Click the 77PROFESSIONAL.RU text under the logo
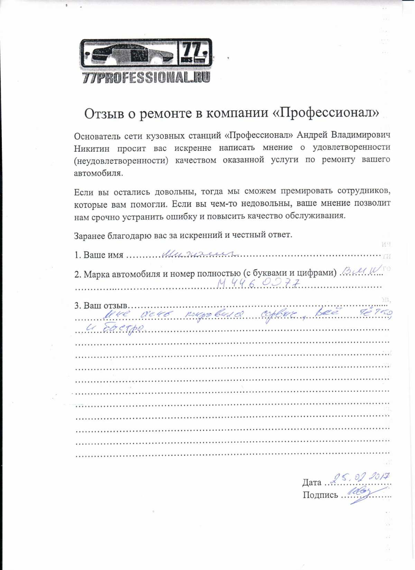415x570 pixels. coord(146,77)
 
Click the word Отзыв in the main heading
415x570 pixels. coord(104,113)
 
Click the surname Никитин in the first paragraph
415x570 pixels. coord(92,149)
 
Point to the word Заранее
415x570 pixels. coord(89,235)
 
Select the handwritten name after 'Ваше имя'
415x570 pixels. coord(201,254)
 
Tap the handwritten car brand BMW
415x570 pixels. coord(361,270)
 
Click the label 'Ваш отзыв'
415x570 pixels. coord(106,306)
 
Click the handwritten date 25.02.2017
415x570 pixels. coord(360,478)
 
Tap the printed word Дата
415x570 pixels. coord(312,482)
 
